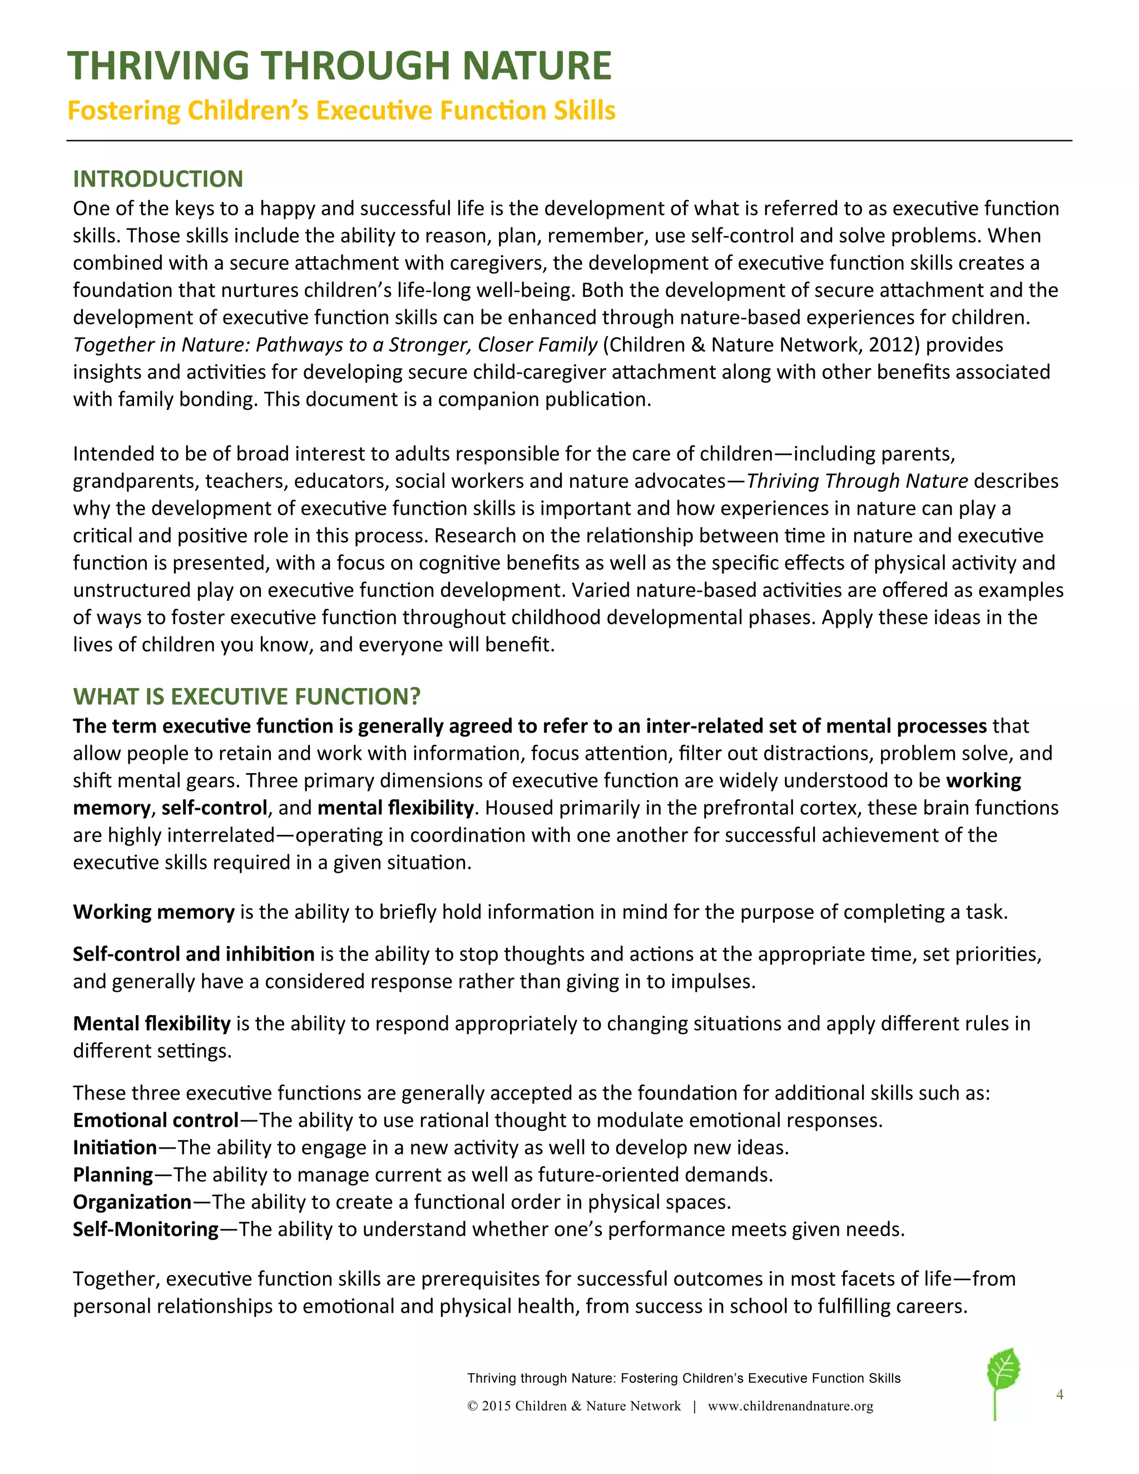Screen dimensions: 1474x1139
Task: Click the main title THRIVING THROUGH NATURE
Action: [x=339, y=66]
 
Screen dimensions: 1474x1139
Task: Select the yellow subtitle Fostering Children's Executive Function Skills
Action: [x=341, y=111]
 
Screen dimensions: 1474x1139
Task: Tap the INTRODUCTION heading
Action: [x=158, y=179]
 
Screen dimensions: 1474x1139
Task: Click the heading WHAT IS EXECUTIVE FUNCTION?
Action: [x=246, y=696]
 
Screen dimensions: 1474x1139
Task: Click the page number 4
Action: [x=1059, y=1394]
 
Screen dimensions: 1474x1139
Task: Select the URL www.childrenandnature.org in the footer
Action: [x=790, y=1406]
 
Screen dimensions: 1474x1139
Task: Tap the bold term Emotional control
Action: [x=156, y=1120]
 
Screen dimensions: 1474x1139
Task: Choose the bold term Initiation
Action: [x=115, y=1147]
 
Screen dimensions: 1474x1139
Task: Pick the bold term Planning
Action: [x=113, y=1175]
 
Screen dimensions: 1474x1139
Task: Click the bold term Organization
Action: [x=132, y=1202]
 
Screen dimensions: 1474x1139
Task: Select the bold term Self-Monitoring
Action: [x=146, y=1229]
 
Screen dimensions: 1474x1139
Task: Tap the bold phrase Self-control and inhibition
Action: [x=194, y=953]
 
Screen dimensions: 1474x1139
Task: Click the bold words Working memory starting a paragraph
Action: [x=153, y=912]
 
